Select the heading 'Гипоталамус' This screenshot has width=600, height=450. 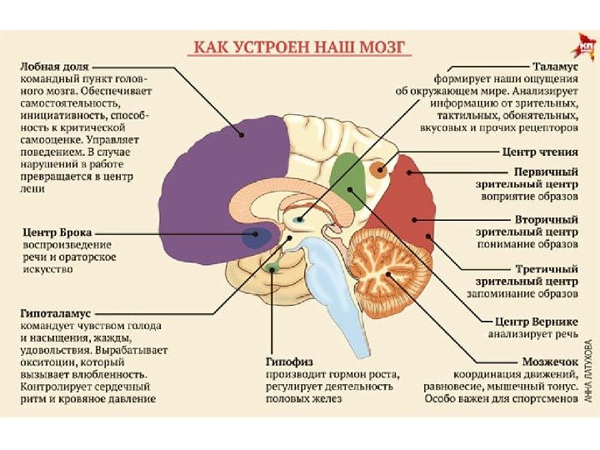pos(55,311)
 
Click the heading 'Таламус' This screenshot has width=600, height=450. pos(553,62)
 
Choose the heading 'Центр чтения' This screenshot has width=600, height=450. pos(539,153)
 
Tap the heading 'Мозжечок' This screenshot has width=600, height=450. pos(549,360)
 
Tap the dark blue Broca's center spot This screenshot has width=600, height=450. pos(256,237)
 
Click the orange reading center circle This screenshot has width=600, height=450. pos(379,172)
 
